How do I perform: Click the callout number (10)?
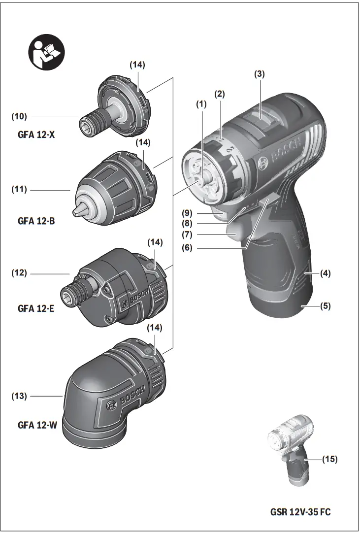[20, 117]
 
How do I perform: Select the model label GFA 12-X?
[36, 134]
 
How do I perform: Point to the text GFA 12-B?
[36, 221]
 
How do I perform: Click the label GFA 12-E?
[36, 308]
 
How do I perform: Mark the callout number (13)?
[20, 396]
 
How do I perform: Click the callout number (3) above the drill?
[260, 74]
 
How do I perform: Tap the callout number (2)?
[220, 94]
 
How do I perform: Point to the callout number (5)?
[326, 305]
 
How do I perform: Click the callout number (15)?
[330, 459]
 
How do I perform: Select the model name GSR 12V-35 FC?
[300, 512]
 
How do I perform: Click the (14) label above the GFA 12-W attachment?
[155, 327]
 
